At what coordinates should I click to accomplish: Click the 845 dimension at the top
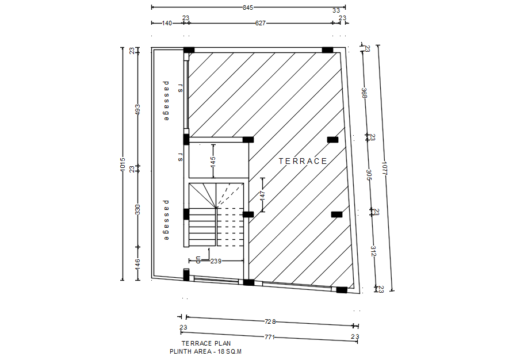[248, 7]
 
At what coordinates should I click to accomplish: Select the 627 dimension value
[261, 23]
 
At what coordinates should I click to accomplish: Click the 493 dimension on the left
[137, 109]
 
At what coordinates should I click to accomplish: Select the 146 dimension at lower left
[137, 264]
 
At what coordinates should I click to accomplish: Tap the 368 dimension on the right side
[364, 93]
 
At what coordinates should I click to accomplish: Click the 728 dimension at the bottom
[270, 321]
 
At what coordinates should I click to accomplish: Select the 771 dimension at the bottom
[269, 336]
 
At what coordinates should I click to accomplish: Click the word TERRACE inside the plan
[303, 161]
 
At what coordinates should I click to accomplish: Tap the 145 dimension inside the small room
[213, 161]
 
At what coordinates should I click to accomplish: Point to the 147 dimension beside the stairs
[262, 195]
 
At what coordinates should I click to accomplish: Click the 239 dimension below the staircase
[216, 261]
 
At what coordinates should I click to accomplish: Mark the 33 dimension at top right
[336, 10]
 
